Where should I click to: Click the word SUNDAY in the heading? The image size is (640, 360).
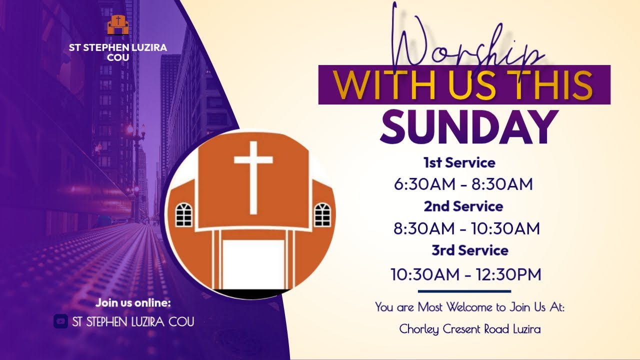(x=468, y=127)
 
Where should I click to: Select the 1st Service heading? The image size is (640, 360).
(x=459, y=162)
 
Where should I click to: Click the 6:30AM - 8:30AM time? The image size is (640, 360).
(x=463, y=184)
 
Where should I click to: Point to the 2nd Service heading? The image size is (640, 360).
(x=463, y=206)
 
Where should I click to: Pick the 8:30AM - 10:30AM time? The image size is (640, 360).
(x=466, y=228)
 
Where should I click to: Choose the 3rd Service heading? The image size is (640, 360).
(x=469, y=250)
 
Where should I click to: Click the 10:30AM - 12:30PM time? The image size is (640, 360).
(x=465, y=274)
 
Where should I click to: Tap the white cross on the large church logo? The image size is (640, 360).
(x=253, y=175)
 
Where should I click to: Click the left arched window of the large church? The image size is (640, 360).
(x=184, y=214)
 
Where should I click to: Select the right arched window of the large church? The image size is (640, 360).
(x=322, y=214)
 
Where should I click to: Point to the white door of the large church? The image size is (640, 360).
(x=253, y=264)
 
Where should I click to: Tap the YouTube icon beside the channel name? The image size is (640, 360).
(x=60, y=321)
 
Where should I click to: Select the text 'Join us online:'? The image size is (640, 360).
(x=133, y=303)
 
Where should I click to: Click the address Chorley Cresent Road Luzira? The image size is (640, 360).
(x=469, y=329)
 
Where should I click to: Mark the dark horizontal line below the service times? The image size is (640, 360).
(x=464, y=291)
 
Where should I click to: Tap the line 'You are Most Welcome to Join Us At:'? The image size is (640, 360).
(x=469, y=307)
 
